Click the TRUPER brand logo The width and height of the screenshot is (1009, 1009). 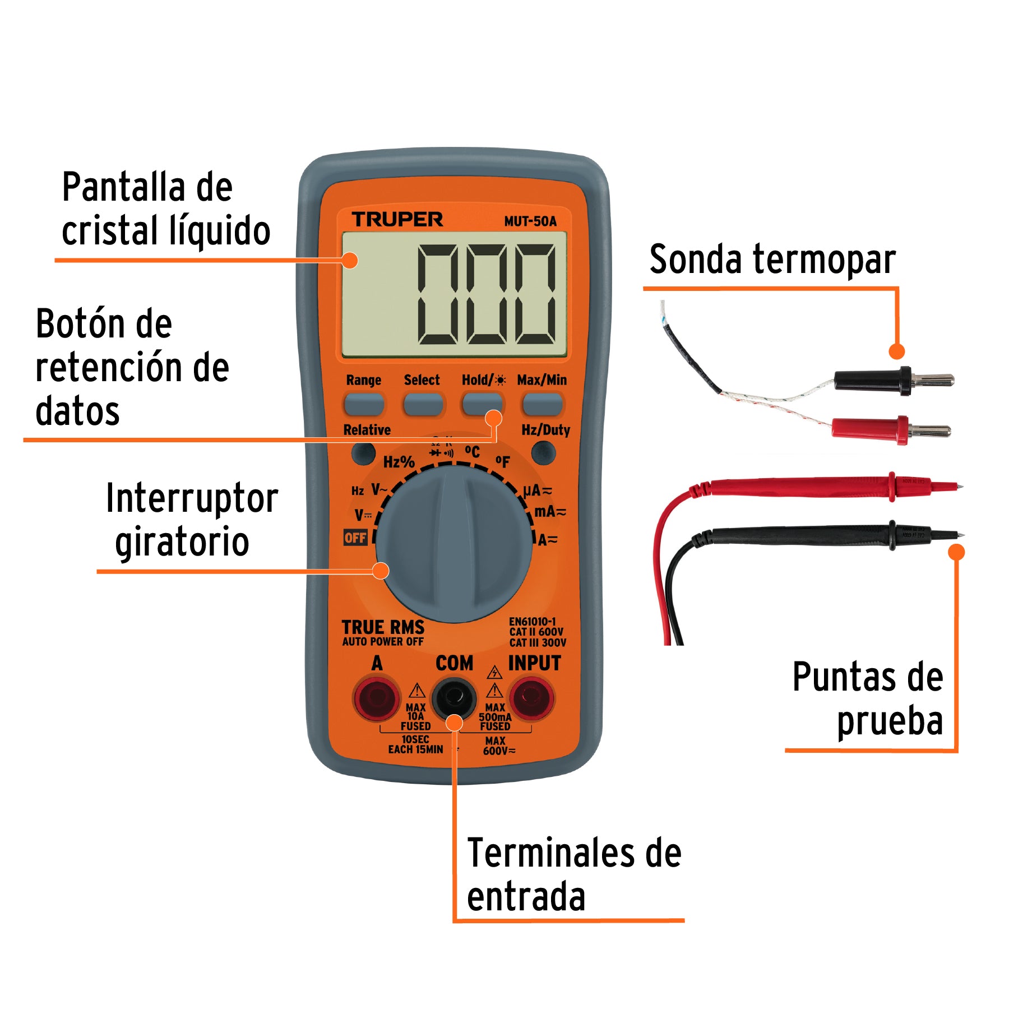point(397,219)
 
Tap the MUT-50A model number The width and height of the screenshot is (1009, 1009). point(530,221)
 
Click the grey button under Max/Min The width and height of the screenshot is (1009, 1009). point(541,404)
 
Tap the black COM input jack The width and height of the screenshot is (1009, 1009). point(453,698)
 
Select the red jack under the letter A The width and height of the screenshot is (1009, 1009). point(376,698)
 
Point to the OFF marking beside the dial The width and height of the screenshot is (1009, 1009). point(355,538)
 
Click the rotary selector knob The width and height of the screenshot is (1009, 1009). point(454,544)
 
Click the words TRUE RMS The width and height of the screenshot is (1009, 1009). point(383,627)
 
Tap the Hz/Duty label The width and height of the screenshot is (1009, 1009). point(545,430)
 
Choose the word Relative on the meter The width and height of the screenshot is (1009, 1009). point(367,430)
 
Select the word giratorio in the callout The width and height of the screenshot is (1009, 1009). point(182,541)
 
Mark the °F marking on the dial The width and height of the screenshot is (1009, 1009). point(503,462)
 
